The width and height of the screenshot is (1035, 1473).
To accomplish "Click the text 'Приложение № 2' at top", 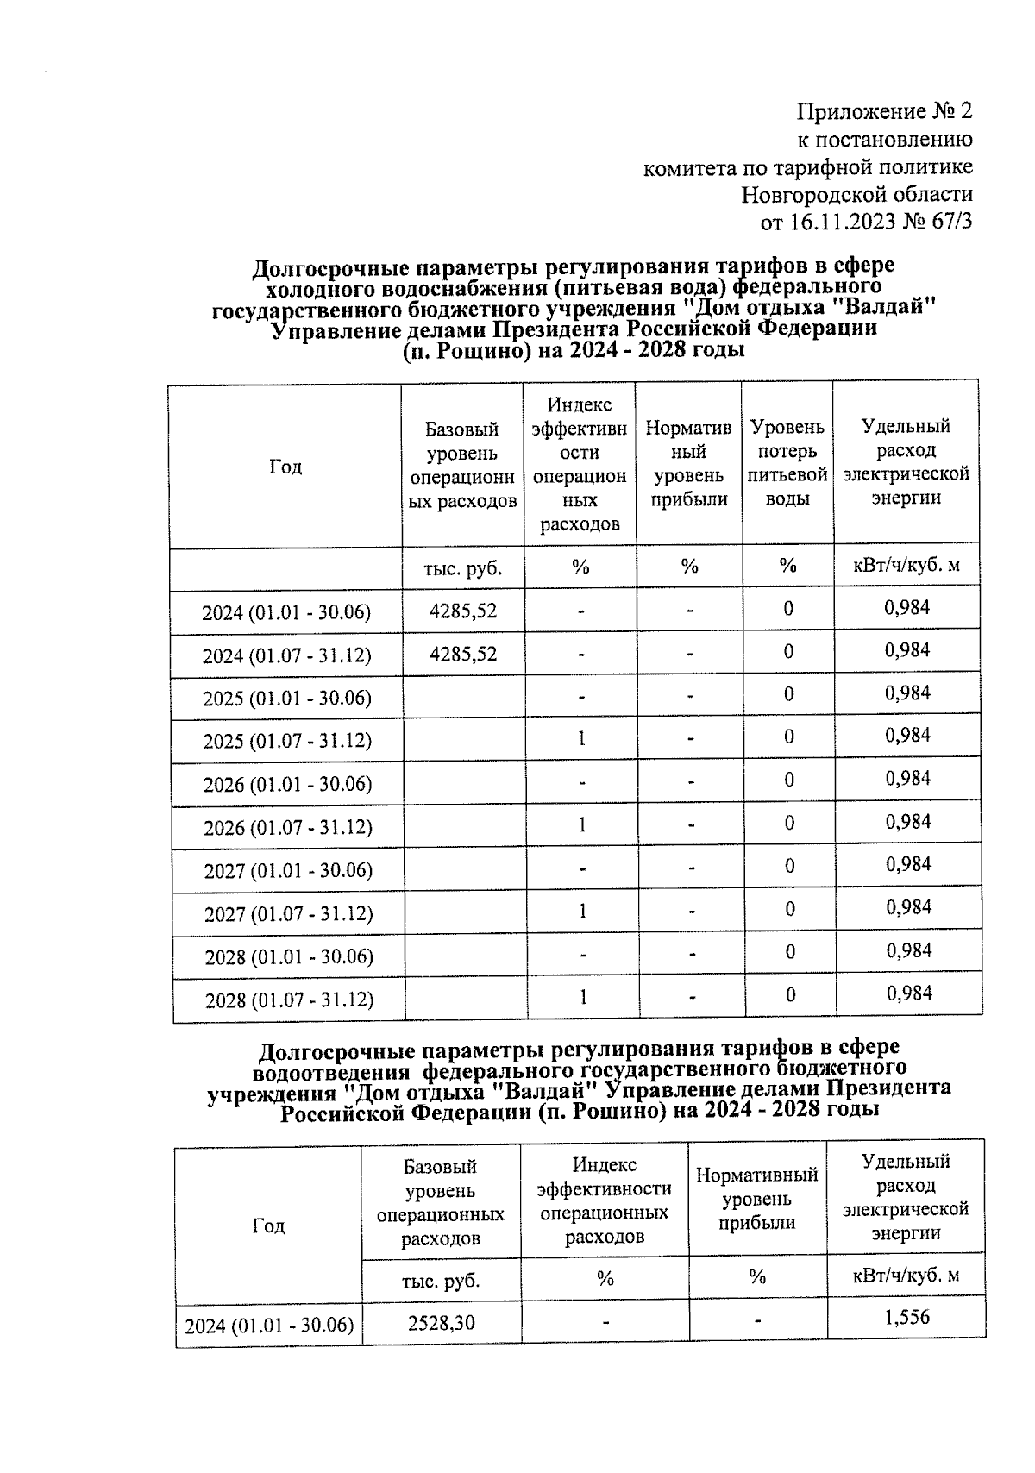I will pos(884,111).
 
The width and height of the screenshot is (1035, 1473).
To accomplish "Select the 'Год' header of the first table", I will pos(285,467).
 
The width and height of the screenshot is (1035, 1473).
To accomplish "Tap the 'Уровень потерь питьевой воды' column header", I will pos(787,462).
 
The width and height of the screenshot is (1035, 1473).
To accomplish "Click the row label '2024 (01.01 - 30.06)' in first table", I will pos(286,612).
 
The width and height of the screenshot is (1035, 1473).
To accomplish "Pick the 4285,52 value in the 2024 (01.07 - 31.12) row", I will pos(463,653).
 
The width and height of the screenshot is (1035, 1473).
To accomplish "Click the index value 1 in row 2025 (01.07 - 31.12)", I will pos(582,737).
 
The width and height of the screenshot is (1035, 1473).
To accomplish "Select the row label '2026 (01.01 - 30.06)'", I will pos(287,784).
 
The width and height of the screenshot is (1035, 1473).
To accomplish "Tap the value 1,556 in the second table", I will pos(906,1317).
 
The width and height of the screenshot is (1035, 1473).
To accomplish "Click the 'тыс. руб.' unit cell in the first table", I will pos(463,568).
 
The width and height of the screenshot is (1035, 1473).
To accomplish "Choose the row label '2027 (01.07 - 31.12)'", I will pos(288,913).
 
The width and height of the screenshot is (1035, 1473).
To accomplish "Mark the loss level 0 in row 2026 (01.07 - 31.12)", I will pos(789,823).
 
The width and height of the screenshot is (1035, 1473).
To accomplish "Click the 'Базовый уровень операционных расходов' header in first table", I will pos(463,465).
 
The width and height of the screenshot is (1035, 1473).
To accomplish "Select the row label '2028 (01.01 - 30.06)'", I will pos(288,956).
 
